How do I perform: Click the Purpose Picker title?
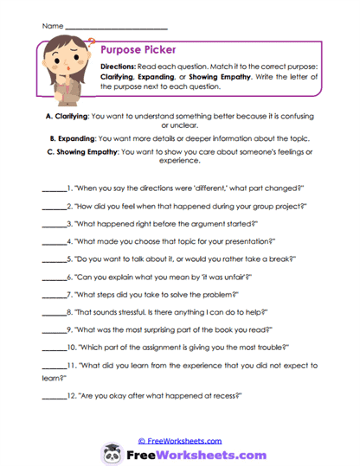pos(139,51)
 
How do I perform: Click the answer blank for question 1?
pos(54,188)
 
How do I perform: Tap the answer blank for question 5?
pos(54,258)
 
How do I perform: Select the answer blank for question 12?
pos(54,394)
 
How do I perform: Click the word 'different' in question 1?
pos(191,187)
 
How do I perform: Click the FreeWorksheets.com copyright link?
pos(179,440)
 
